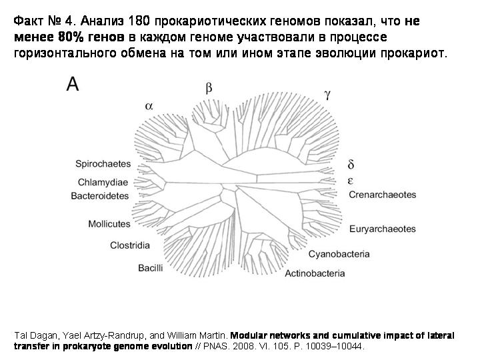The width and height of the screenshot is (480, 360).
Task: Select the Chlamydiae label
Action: click(x=103, y=182)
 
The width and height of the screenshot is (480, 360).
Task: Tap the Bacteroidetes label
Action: click(x=99, y=196)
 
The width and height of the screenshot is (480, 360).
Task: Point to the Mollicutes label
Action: click(x=109, y=224)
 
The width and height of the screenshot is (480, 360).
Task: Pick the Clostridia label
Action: click(x=130, y=245)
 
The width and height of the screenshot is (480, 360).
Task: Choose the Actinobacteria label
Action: click(x=315, y=273)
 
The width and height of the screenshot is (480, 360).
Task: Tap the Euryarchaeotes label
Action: click(x=382, y=229)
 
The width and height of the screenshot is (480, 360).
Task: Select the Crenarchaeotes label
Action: click(x=382, y=195)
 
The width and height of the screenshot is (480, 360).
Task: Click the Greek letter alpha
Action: click(x=149, y=105)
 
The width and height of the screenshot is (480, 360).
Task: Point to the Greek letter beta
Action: click(x=209, y=87)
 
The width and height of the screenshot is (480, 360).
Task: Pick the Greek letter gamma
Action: click(x=327, y=94)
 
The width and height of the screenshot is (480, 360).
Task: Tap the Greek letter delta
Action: click(x=351, y=164)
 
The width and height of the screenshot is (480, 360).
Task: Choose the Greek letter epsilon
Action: click(x=351, y=181)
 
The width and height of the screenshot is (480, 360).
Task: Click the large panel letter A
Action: click(x=73, y=84)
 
